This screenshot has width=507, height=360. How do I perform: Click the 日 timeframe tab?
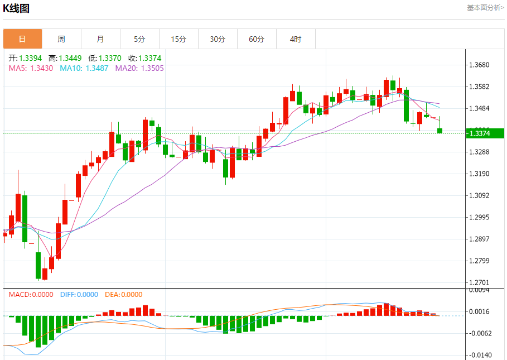point(22,39)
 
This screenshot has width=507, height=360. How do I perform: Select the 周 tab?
point(61,39)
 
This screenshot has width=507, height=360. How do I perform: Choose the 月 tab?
point(100,39)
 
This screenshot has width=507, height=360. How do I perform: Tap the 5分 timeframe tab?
point(139,39)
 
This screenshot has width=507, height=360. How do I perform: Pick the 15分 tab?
point(178,39)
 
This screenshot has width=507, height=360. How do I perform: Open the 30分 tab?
point(218,39)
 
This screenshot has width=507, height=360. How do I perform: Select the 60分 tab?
point(257,39)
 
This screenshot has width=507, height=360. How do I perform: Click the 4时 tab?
point(296,39)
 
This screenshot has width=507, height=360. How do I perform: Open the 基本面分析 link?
point(485,8)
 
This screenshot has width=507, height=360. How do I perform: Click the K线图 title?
point(16,8)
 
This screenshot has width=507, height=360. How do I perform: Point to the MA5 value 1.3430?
point(31,68)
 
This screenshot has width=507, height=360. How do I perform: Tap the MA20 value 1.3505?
point(139,68)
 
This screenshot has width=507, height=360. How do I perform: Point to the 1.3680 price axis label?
point(480,65)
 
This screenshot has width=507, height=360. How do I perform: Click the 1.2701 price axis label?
point(480,282)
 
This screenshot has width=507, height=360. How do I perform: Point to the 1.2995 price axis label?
point(480,217)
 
